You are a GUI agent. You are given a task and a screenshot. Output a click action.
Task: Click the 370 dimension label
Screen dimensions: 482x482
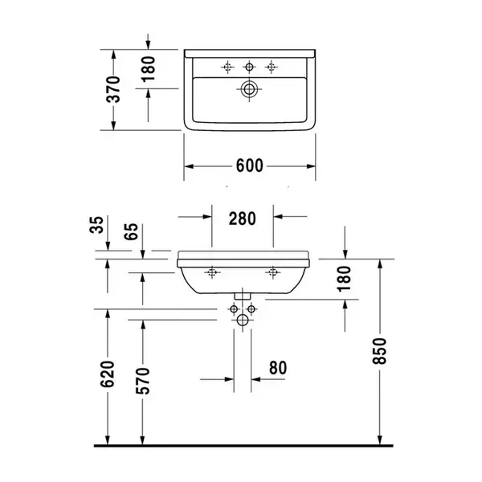pos(112,89)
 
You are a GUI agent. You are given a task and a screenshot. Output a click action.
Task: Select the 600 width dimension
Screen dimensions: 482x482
pos(249,165)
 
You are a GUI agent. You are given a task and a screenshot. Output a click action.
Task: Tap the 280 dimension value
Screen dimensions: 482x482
pos(243,219)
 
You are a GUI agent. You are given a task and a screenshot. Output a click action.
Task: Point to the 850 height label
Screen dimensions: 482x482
pos(379,351)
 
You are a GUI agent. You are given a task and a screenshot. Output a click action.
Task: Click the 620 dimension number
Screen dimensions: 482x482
pos(108,374)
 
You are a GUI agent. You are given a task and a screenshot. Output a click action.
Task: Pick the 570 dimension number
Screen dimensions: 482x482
pos(143,381)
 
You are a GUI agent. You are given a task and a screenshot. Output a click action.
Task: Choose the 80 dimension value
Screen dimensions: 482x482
pos(278,368)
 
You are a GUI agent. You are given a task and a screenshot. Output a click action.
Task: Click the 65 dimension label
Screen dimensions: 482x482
pos(131,231)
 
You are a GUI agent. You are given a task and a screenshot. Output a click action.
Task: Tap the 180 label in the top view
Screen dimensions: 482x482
pos(149,69)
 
